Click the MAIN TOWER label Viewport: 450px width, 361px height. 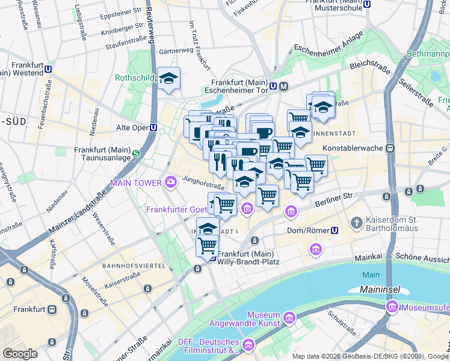135,182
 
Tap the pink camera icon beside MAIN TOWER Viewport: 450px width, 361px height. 170,182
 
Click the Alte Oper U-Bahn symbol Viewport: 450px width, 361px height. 153,128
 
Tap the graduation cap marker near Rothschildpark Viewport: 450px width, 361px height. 169,79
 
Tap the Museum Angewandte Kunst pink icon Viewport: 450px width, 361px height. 289,316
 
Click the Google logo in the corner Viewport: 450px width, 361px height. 20,353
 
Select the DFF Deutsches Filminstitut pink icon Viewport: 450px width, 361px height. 248,345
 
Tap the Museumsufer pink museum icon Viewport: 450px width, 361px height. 392,308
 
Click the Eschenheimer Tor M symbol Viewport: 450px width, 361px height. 283,86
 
